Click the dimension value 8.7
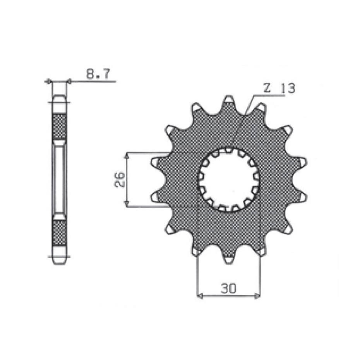coord(98,74)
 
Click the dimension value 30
coord(229,288)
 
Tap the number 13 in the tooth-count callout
coord(288,88)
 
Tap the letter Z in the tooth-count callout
coord(267,88)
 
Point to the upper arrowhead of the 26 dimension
coord(127,156)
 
